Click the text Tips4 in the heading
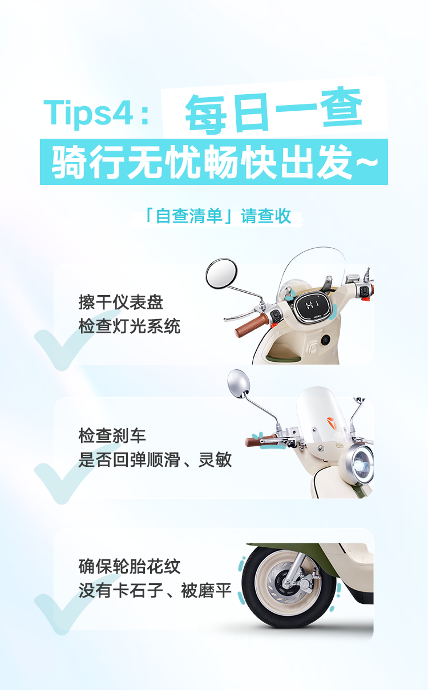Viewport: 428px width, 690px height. [88, 114]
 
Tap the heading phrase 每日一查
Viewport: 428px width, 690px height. [273, 111]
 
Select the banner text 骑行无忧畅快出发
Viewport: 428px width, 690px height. [202, 162]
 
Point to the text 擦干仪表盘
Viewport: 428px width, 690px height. [121, 302]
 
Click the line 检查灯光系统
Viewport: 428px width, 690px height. [130, 326]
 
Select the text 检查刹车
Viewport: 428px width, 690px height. [112, 436]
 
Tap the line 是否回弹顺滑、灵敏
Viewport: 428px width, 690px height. [155, 460]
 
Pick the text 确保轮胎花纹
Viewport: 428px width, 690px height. [130, 567]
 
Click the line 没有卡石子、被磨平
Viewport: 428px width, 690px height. [155, 591]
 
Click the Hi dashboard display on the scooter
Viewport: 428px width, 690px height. [313, 306]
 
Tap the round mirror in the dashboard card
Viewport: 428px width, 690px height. [221, 273]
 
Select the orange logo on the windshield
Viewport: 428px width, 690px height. [332, 424]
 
